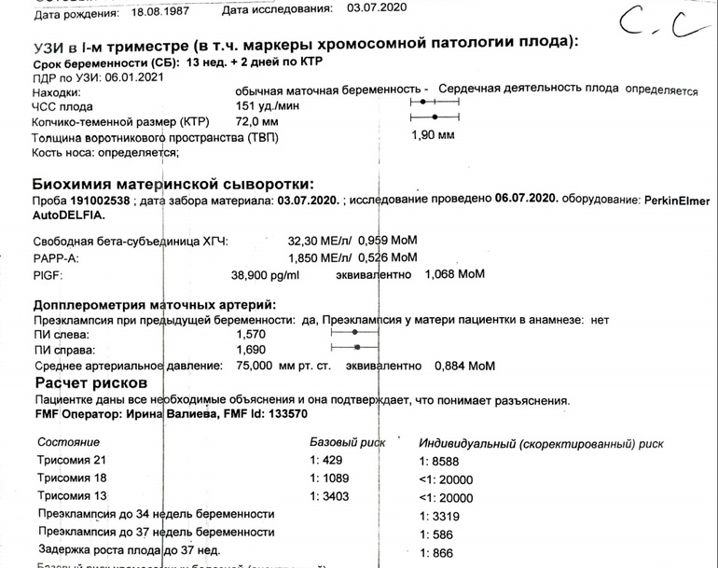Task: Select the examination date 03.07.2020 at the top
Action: pyautogui.click(x=378, y=8)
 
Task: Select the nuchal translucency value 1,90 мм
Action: pyautogui.click(x=433, y=135)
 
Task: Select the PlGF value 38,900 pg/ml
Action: pyautogui.click(x=266, y=275)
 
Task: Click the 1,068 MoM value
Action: pyautogui.click(x=455, y=275)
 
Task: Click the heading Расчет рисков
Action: pyautogui.click(x=91, y=383)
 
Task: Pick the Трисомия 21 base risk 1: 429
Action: pyautogui.click(x=326, y=461)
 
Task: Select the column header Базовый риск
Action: pyautogui.click(x=347, y=441)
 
